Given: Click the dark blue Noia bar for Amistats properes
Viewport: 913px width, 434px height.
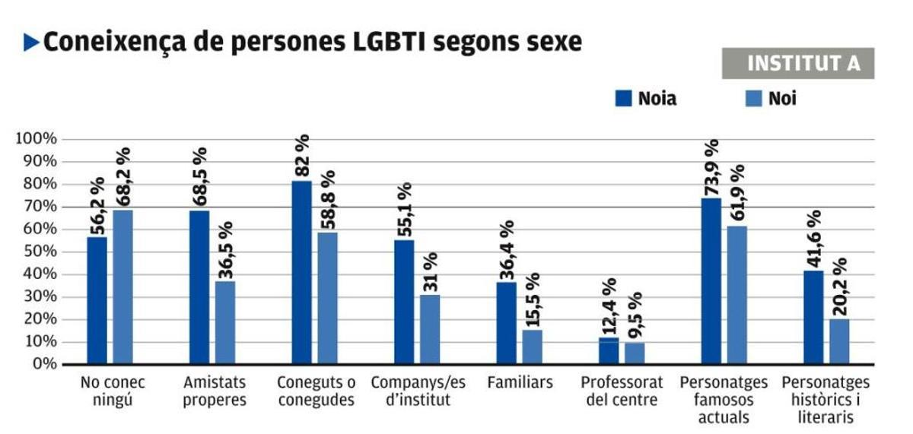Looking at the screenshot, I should point(199,287).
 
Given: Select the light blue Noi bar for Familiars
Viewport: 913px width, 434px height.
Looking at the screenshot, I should point(533,347).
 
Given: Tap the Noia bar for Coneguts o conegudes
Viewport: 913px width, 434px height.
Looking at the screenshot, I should point(302,273).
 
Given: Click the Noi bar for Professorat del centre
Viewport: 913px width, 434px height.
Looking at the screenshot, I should point(635,353).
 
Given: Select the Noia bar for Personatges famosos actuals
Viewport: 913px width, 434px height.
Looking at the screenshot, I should point(711,281).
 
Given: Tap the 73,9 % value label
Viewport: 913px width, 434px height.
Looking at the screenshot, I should point(712,167).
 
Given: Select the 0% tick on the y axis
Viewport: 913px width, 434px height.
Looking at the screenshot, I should point(43,364).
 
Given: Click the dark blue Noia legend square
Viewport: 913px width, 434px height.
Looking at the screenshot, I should point(624,98).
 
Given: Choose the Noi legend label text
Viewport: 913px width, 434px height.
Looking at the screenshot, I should point(783,98).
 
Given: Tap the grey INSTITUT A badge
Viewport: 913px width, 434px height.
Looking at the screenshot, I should point(797,64).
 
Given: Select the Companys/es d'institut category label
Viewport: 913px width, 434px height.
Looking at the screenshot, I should point(418,391).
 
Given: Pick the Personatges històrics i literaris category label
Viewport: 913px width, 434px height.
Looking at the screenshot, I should point(825,399).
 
